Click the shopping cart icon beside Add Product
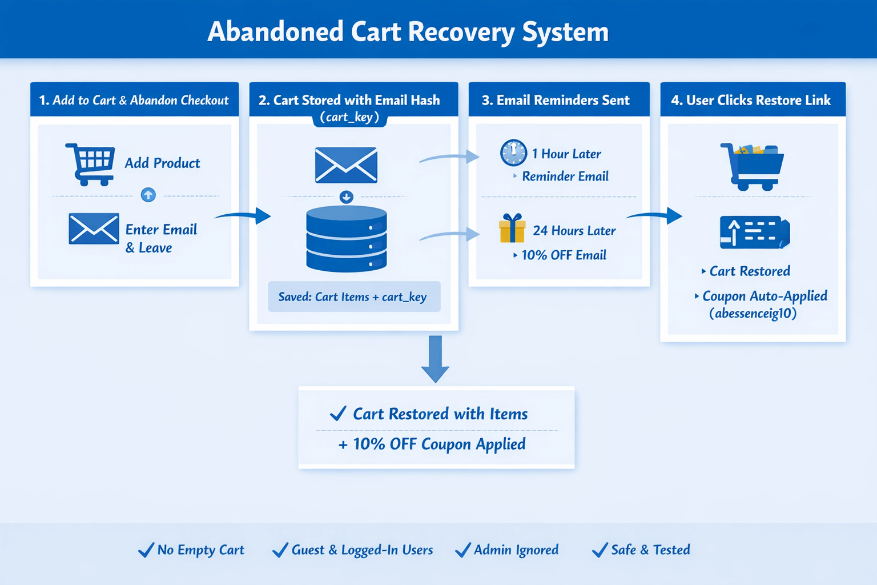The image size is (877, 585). (90, 164)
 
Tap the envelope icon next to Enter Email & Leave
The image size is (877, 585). (94, 229)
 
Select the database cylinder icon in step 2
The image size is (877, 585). (347, 239)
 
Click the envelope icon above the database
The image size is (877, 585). (346, 165)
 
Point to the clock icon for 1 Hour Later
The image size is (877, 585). (513, 153)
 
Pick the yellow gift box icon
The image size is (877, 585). (512, 229)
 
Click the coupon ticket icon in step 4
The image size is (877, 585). (754, 232)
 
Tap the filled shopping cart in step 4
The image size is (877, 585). (752, 166)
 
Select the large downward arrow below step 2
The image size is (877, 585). (435, 359)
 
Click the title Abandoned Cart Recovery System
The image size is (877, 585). (408, 31)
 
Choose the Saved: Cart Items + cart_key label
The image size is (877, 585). (353, 296)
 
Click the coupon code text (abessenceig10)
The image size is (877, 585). (753, 313)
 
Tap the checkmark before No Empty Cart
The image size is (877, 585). (146, 550)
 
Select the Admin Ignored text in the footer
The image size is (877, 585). (516, 550)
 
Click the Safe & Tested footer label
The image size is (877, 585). (650, 550)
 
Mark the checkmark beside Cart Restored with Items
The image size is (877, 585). (338, 413)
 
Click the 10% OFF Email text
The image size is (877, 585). (564, 255)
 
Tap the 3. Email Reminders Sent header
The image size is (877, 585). (556, 100)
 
